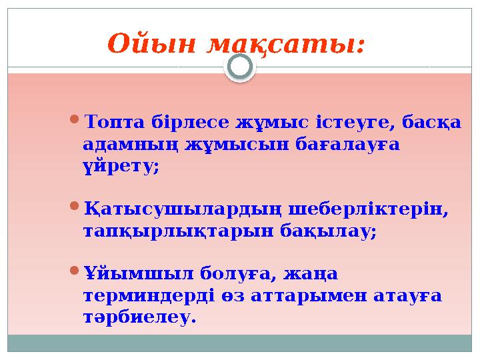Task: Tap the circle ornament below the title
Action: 240,67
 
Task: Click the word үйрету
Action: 121,166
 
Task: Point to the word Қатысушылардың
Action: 184,210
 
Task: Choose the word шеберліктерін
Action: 369,210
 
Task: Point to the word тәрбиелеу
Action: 140,316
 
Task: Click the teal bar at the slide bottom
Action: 240,343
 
